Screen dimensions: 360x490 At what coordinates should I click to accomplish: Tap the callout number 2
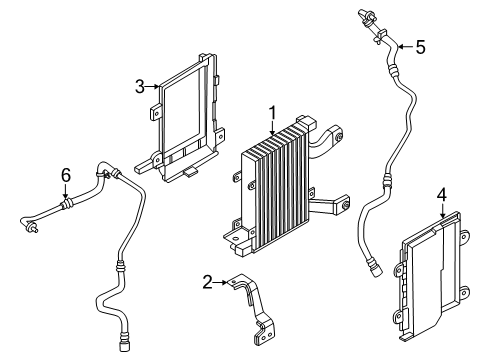(207, 283)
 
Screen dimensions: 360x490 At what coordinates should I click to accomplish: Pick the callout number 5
(420, 45)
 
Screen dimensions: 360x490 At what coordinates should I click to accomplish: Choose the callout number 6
(66, 174)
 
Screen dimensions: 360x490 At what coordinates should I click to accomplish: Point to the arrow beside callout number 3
(155, 86)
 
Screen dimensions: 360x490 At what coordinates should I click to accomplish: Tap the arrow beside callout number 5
(402, 45)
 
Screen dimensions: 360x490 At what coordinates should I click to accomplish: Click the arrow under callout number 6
(66, 192)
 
